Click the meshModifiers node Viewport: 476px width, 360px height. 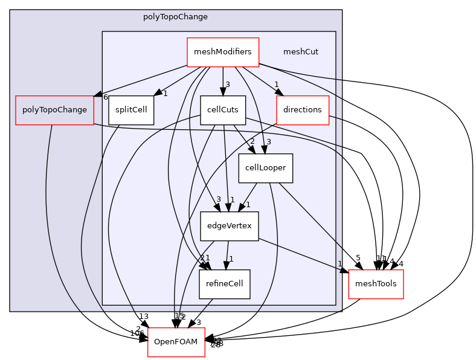[x=222, y=52]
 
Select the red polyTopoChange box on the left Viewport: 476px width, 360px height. [x=54, y=110]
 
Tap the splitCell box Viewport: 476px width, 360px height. [x=131, y=110]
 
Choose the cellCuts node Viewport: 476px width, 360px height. [x=223, y=110]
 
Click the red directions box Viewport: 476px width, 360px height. [x=302, y=110]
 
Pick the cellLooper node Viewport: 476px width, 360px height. [x=265, y=168]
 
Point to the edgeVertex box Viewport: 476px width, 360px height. [x=229, y=226]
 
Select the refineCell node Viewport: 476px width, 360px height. [x=224, y=284]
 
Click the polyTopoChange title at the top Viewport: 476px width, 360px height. [x=175, y=17]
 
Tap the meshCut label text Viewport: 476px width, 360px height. [x=300, y=52]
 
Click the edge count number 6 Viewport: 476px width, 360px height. [x=105, y=97]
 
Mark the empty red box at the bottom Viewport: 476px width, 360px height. [x=176, y=342]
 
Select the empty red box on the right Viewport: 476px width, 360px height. [x=376, y=284]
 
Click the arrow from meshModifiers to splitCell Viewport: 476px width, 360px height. [x=178, y=80]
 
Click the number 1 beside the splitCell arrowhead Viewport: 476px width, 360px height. [x=165, y=93]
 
